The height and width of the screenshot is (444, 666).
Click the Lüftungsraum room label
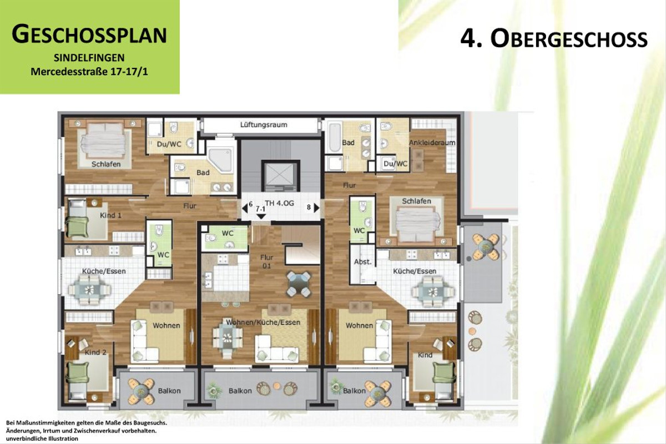[x=264, y=125]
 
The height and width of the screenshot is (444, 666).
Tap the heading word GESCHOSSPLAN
[x=89, y=35]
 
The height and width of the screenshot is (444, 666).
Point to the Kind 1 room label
[x=110, y=215]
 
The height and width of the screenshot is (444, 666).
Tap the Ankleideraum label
[x=432, y=143]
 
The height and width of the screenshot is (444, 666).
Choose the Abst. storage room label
[x=362, y=262]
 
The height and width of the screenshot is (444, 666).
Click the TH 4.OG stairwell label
[x=279, y=203]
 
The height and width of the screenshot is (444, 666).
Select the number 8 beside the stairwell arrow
[x=309, y=208]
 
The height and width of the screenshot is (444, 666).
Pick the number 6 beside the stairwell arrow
[x=250, y=204]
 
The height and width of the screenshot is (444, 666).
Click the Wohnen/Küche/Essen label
[x=264, y=322]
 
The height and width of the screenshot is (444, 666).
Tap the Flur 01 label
[x=268, y=261]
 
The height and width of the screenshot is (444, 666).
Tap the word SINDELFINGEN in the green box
[x=89, y=58]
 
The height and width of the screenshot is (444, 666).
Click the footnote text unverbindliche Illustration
[x=42, y=438]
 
